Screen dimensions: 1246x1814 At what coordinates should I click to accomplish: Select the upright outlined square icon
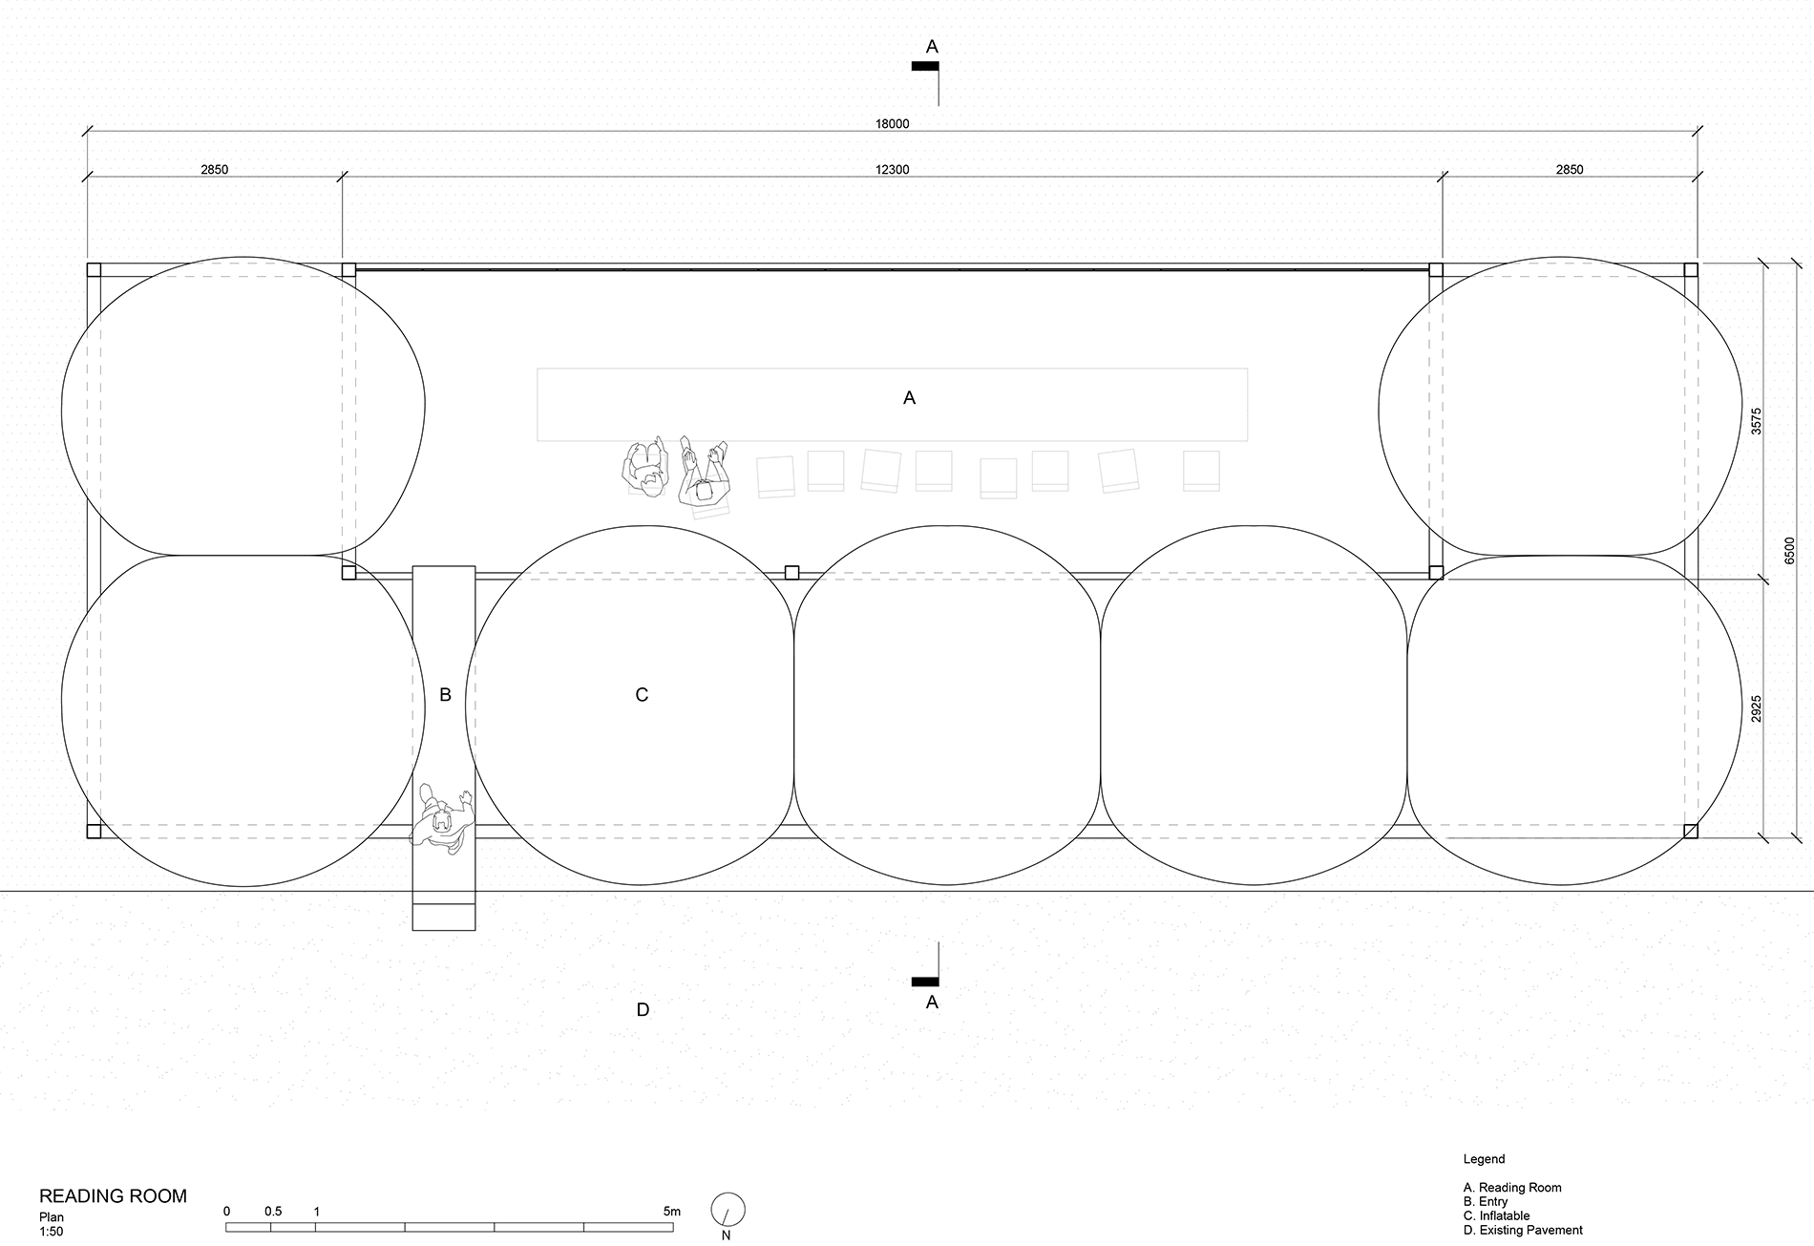click(646, 470)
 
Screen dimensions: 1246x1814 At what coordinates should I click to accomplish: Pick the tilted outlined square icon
click(707, 492)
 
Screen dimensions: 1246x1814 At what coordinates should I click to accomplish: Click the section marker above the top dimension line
click(930, 72)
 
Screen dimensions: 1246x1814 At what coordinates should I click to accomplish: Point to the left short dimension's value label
click(213, 170)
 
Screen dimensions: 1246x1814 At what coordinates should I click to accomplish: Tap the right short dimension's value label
click(1569, 170)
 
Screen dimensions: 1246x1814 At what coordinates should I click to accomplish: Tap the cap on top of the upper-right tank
click(1561, 259)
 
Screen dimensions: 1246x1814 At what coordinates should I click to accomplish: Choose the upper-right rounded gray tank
click(1580, 411)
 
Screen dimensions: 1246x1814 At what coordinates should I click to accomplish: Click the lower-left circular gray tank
click(239, 726)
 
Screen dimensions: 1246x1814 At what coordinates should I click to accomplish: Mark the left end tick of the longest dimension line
click(89, 131)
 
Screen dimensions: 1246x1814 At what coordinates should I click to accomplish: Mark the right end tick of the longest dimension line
click(1699, 131)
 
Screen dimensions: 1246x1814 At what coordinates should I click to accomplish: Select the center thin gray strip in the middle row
click(947, 575)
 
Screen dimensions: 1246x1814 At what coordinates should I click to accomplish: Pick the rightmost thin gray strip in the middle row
click(1255, 575)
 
